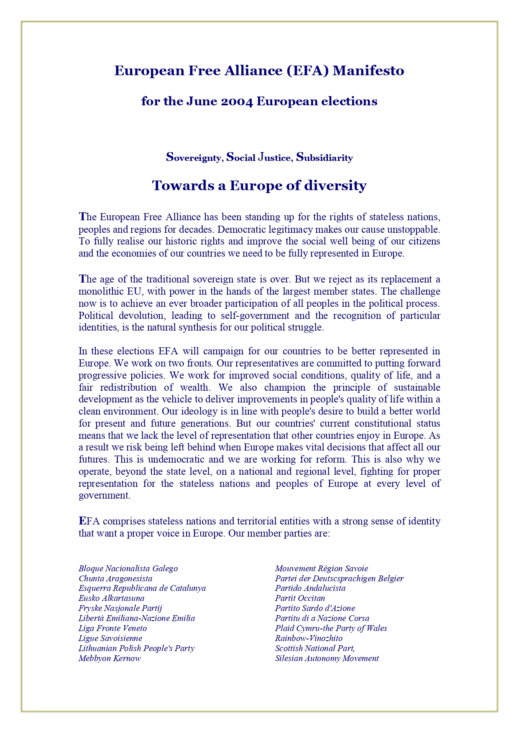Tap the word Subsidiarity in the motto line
(325, 158)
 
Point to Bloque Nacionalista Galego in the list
(128, 568)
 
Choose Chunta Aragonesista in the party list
(115, 578)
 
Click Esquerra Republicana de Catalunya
(142, 588)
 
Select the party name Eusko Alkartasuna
(111, 598)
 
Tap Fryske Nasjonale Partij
(120, 608)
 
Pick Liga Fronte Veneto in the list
(112, 628)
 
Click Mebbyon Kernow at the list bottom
(110, 658)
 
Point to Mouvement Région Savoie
(321, 568)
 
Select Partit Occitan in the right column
(300, 598)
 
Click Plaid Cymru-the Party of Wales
(331, 628)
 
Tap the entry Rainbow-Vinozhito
(309, 638)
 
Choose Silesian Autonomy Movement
(327, 658)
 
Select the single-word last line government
(105, 496)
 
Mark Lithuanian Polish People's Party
(136, 648)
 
